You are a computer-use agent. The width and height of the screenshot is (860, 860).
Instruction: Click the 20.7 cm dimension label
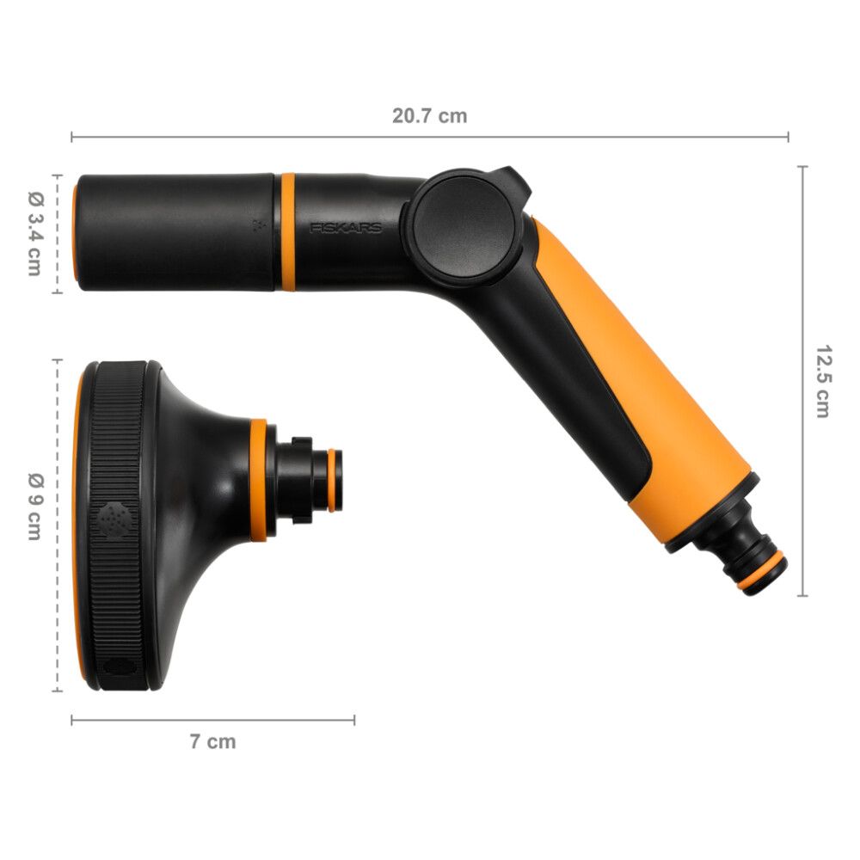coord(430,116)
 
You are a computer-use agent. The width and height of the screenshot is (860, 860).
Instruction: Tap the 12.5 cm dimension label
coord(822,381)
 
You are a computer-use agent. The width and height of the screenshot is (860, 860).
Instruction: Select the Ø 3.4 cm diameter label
coord(34,233)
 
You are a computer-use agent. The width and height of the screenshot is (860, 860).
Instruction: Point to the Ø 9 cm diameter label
coord(34,507)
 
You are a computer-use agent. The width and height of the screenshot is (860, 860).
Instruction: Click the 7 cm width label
coord(212,741)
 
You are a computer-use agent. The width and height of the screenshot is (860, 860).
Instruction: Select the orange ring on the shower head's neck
coord(258,480)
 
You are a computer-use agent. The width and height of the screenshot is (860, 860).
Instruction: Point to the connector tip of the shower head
coord(334,480)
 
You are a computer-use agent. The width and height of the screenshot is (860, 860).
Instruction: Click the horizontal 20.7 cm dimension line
coord(258,137)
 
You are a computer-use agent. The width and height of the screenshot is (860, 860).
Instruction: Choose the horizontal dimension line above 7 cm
coord(212,720)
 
